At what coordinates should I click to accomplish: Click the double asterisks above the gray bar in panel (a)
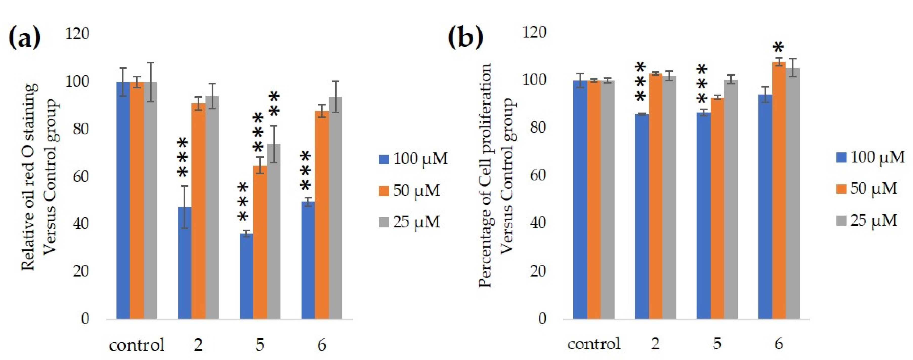[274, 104]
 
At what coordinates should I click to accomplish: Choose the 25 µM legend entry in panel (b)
[866, 220]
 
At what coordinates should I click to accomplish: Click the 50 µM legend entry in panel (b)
[866, 188]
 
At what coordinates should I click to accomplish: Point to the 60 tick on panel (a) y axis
[80, 176]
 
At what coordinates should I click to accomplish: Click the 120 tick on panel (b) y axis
[535, 32]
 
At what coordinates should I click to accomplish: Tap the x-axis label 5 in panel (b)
[717, 343]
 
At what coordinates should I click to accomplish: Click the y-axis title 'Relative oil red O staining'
[28, 177]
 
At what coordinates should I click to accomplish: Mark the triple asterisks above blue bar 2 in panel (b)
[641, 82]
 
